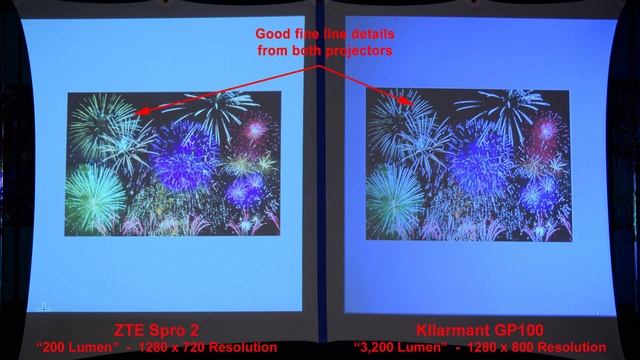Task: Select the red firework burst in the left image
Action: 257,128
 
